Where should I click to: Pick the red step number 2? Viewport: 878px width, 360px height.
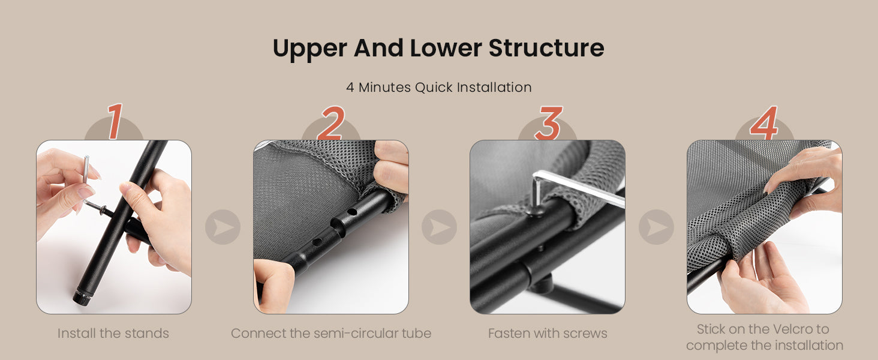pyautogui.click(x=331, y=123)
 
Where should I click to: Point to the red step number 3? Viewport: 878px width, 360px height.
pyautogui.click(x=548, y=123)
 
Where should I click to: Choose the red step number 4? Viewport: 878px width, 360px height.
pyautogui.click(x=764, y=123)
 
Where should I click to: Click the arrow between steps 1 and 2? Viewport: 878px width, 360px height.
pyautogui.click(x=222, y=227)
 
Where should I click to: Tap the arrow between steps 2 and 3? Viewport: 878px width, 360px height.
pyautogui.click(x=440, y=227)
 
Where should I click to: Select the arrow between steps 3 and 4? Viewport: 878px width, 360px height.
pyautogui.click(x=657, y=227)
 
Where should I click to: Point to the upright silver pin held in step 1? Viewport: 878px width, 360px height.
pyautogui.click(x=86, y=169)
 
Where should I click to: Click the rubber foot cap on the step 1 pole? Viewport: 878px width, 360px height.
pyautogui.click(x=83, y=297)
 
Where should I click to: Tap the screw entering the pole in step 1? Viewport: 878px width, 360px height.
pyautogui.click(x=97, y=208)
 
